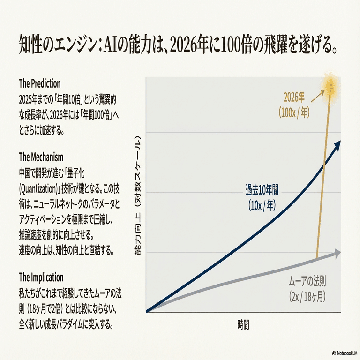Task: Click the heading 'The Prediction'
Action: coord(40,84)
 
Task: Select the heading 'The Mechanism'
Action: coord(41,156)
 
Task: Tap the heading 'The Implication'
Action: coord(41,277)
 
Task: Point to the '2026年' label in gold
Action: coord(294,98)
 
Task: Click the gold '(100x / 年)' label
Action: coord(294,112)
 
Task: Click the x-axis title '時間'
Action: coord(243,324)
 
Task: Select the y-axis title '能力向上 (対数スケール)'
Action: coord(138,196)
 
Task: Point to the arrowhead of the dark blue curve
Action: coord(337,145)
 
